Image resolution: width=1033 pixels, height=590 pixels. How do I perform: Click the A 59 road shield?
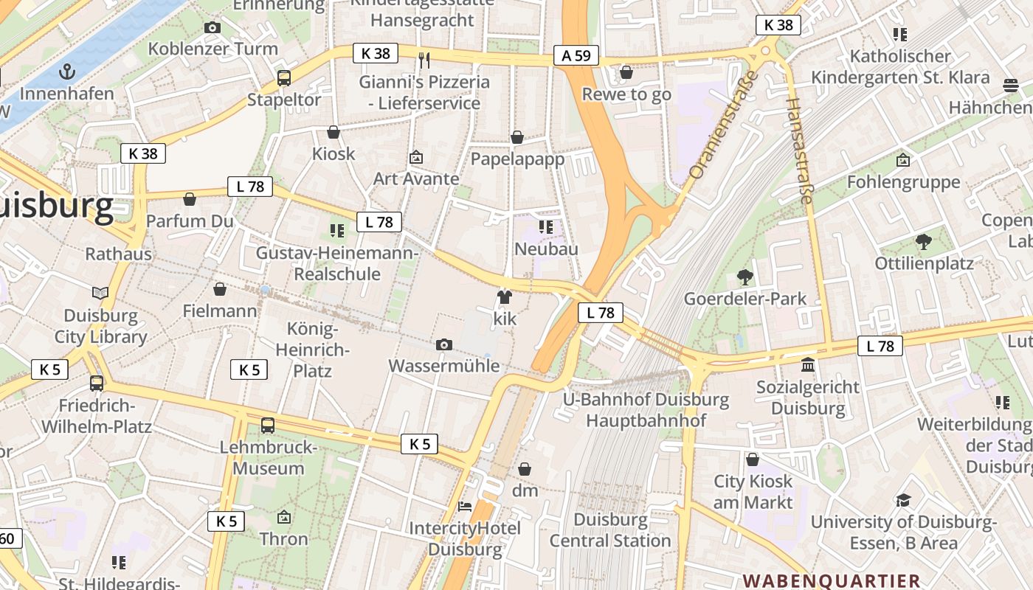click(x=576, y=55)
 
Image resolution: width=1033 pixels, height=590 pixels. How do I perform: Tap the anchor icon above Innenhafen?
click(x=67, y=72)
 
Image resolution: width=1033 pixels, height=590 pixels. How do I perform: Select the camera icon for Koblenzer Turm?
click(x=213, y=28)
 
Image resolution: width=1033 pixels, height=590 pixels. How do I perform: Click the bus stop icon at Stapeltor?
click(x=284, y=77)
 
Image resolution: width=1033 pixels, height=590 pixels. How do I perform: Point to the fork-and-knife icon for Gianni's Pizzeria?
click(x=424, y=60)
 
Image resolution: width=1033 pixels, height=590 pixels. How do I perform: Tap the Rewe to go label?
click(x=626, y=94)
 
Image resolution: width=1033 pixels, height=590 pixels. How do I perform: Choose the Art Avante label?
click(x=416, y=178)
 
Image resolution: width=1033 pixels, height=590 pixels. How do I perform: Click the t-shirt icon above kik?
click(x=505, y=297)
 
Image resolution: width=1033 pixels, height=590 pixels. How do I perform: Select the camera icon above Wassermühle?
click(x=443, y=344)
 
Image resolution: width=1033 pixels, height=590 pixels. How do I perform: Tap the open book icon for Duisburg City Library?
click(x=100, y=293)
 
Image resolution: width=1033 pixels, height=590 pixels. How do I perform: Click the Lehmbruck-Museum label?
click(x=269, y=458)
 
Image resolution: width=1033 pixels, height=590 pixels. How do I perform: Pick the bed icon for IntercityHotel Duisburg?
click(x=465, y=506)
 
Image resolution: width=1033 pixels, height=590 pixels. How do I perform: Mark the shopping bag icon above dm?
click(x=525, y=469)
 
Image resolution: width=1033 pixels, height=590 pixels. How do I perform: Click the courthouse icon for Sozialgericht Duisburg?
click(x=808, y=365)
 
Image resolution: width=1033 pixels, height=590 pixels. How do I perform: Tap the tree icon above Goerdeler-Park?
click(x=744, y=277)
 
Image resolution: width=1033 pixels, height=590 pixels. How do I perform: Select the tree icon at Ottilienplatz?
click(x=923, y=241)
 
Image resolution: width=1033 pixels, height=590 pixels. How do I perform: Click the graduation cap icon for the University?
click(x=903, y=501)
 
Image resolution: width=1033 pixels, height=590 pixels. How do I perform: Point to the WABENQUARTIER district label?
click(x=832, y=581)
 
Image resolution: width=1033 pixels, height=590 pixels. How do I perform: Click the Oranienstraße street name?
click(x=723, y=125)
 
